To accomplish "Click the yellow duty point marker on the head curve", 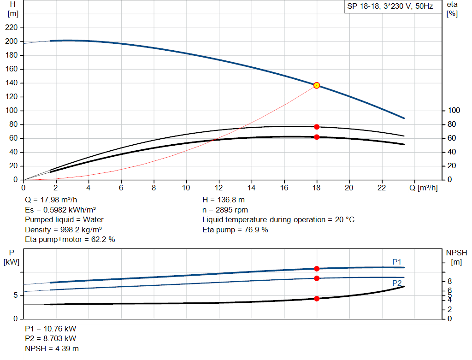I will [317, 85].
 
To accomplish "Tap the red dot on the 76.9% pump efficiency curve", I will [317, 127].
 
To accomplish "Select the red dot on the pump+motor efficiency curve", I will [317, 137].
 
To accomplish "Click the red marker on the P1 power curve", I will [317, 269].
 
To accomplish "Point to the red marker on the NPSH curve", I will [317, 299].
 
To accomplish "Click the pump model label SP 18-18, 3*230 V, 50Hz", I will [389, 7].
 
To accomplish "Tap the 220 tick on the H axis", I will [12, 28].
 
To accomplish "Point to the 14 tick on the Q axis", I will [252, 188].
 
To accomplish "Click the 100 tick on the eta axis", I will [454, 111].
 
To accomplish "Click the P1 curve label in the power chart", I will [397, 262].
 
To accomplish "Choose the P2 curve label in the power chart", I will [397, 283].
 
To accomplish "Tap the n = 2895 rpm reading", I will [225, 210].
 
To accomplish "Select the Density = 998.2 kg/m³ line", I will [64, 229].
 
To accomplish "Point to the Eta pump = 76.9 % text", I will [235, 229].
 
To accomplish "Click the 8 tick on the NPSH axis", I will [449, 281].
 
